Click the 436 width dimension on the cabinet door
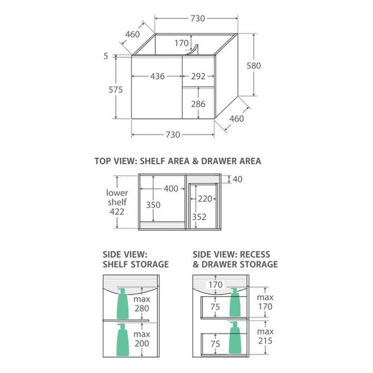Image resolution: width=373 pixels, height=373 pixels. coord(158,76)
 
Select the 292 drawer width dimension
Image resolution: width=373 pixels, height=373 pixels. coord(198,76)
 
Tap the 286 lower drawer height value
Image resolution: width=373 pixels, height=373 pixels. coord(198,104)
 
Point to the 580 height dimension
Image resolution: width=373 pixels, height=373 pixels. coord(254,66)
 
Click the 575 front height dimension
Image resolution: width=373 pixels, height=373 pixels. coord(116,90)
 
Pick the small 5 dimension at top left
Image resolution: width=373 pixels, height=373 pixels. coord(106,56)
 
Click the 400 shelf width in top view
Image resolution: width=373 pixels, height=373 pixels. coord(171,189)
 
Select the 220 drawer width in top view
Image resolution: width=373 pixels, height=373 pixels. coord(205,199)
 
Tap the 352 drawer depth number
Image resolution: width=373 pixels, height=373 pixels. coord(199,217)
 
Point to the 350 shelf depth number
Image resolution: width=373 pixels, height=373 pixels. coord(153,205)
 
